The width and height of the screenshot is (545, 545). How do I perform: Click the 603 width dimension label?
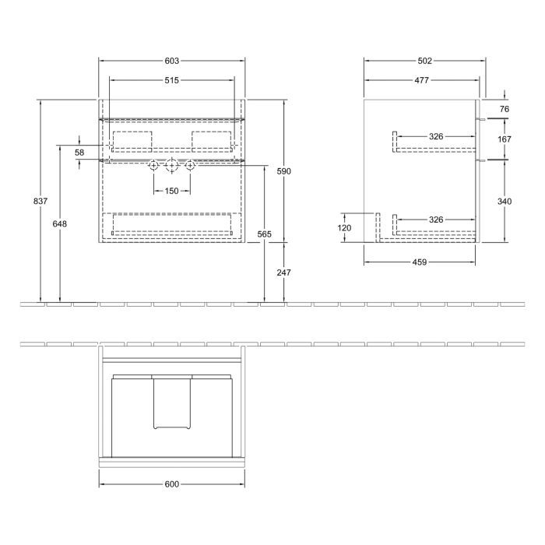click(x=172, y=61)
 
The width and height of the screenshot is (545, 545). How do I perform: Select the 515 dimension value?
click(x=172, y=80)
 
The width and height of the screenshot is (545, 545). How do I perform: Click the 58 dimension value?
click(x=79, y=153)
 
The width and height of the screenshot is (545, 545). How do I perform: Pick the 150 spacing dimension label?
click(x=171, y=192)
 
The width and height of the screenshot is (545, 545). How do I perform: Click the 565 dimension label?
click(x=265, y=234)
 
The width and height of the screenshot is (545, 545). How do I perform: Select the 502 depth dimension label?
click(x=424, y=61)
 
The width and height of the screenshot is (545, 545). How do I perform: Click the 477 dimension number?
click(x=420, y=80)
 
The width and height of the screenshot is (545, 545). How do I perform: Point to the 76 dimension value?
click(x=505, y=110)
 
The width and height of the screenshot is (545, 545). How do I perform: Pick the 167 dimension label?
click(x=505, y=139)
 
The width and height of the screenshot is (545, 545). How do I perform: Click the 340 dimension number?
click(x=505, y=202)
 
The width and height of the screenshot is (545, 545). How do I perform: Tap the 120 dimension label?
click(x=345, y=228)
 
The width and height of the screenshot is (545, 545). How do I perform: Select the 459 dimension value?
click(x=420, y=262)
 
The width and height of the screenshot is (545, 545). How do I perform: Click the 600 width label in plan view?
click(x=172, y=484)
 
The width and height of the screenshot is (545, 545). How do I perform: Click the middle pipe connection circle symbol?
click(x=172, y=165)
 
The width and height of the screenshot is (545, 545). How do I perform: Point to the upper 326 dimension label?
click(x=436, y=137)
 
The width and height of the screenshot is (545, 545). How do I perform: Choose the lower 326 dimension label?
click(x=436, y=220)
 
